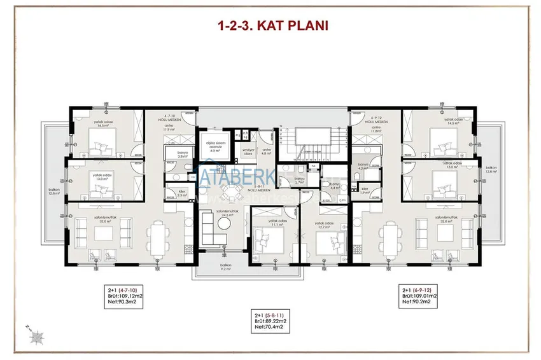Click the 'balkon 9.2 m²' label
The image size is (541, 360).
click(x=225, y=267)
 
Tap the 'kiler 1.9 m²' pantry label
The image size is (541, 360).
click(x=365, y=191)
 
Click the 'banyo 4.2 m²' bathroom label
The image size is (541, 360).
click(x=363, y=167)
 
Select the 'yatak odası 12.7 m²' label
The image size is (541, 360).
click(x=325, y=226)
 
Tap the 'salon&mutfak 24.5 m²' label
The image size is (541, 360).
click(x=223, y=213)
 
